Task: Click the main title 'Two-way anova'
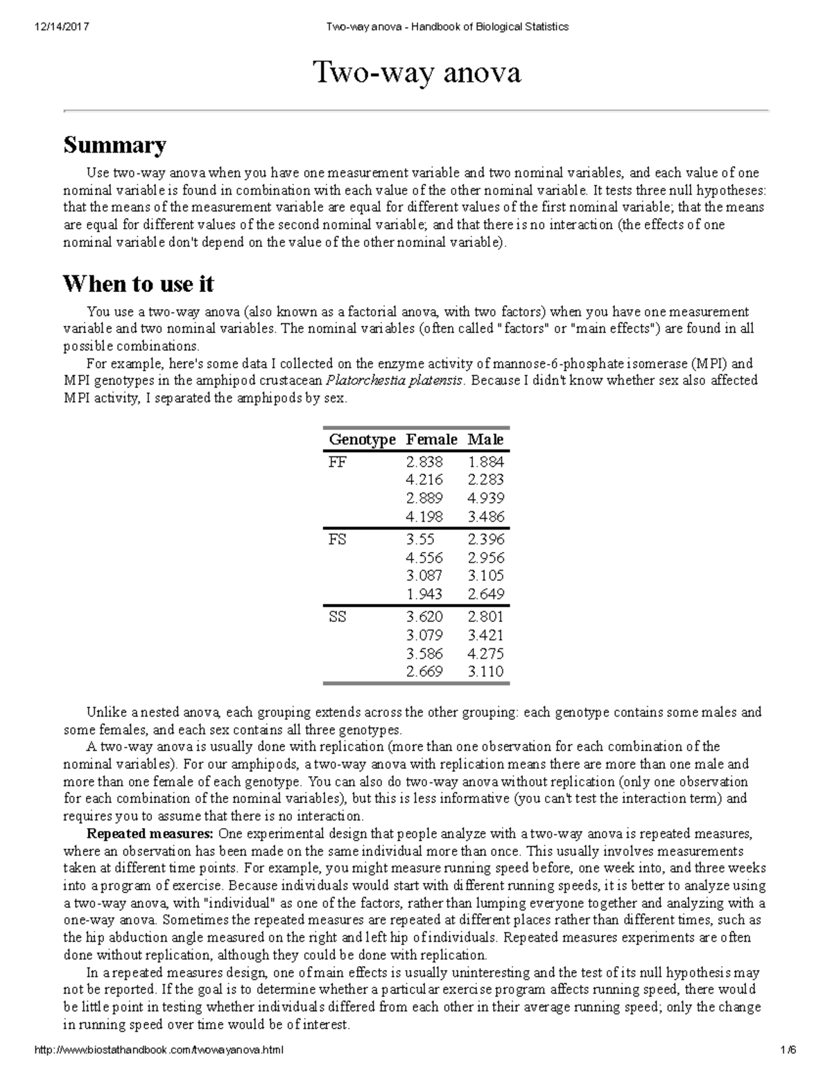[417, 73]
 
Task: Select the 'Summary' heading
[114, 145]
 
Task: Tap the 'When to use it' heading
[138, 284]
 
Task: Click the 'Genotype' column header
[362, 440]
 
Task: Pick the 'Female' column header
[431, 440]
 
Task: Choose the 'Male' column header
[485, 440]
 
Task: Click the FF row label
[338, 462]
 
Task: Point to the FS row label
[338, 540]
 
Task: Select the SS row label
[338, 617]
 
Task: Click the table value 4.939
[485, 498]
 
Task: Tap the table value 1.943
[424, 594]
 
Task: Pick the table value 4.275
[485, 653]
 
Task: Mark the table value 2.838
[424, 462]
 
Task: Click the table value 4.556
[424, 558]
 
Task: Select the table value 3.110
[485, 671]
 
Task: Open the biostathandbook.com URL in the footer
[159, 1051]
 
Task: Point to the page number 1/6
[788, 1051]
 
